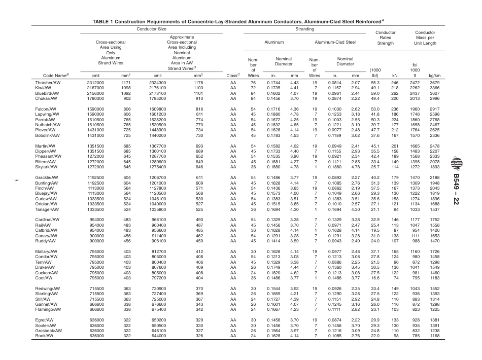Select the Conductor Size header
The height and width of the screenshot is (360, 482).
pos(151,29)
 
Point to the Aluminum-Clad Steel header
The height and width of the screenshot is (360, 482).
pos(335,44)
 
